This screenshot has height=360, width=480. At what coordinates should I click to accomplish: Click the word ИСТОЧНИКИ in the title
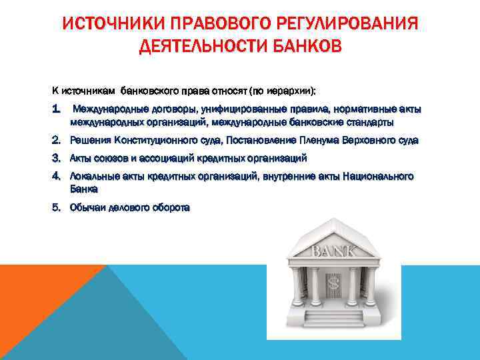click(111, 25)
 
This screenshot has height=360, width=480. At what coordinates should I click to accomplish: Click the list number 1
click(58, 109)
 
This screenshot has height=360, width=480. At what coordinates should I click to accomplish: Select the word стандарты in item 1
click(371, 122)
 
